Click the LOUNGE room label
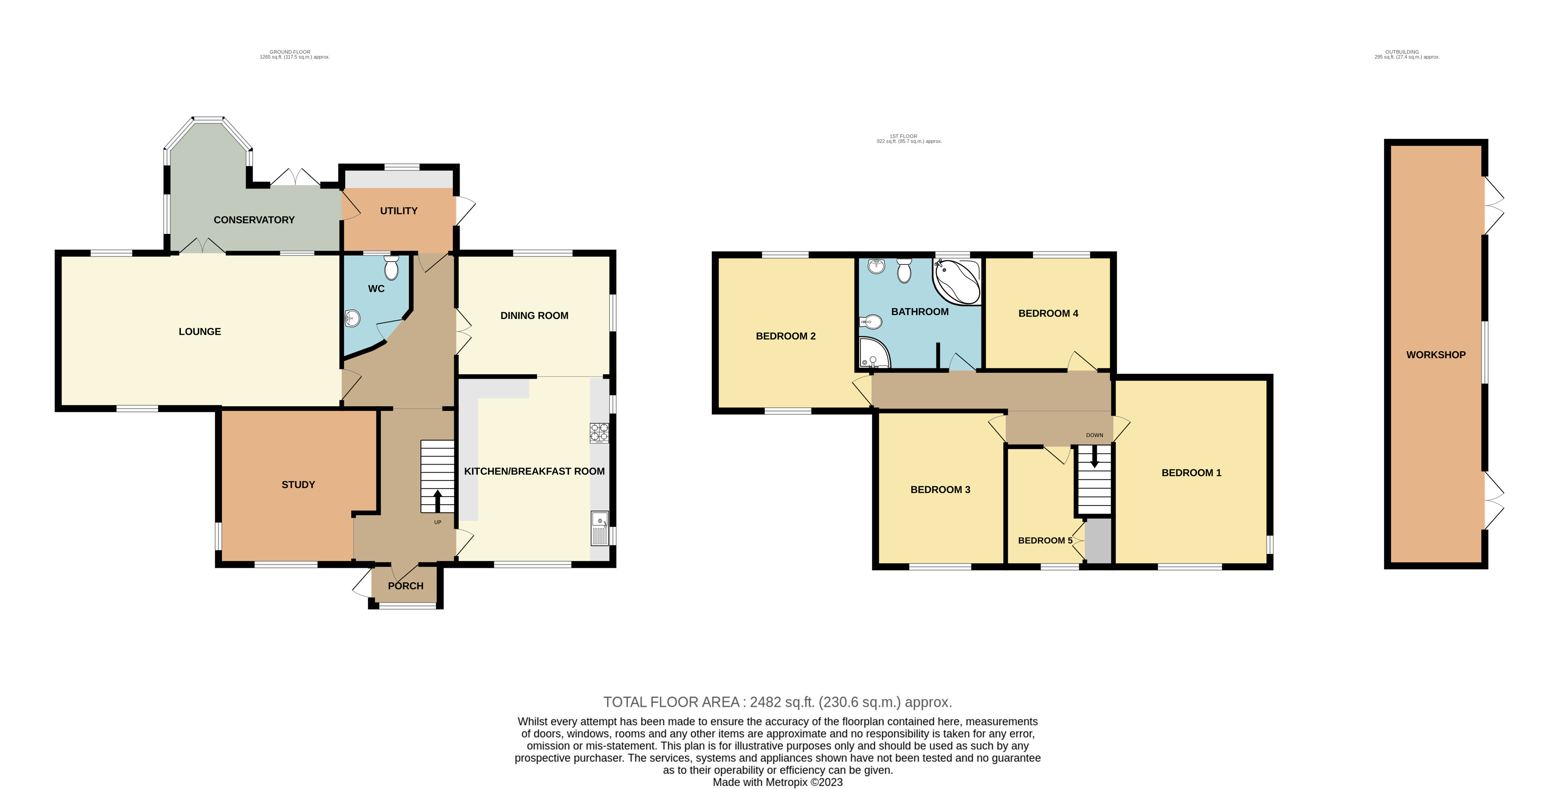click(x=200, y=332)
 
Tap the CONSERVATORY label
click(x=254, y=220)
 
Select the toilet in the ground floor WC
click(x=392, y=267)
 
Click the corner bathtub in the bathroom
click(x=957, y=281)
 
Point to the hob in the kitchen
click(x=599, y=433)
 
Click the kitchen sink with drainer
click(x=599, y=528)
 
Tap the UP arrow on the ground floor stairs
click(x=437, y=500)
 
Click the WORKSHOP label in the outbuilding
click(x=1436, y=355)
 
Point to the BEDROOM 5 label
click(x=1045, y=540)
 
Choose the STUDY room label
click(x=298, y=485)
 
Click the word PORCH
click(x=406, y=586)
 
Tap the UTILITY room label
click(x=399, y=210)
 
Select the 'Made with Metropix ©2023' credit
click(x=778, y=782)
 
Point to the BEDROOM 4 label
click(x=1048, y=313)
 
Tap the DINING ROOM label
click(x=534, y=315)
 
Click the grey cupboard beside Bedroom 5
click(x=1098, y=540)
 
